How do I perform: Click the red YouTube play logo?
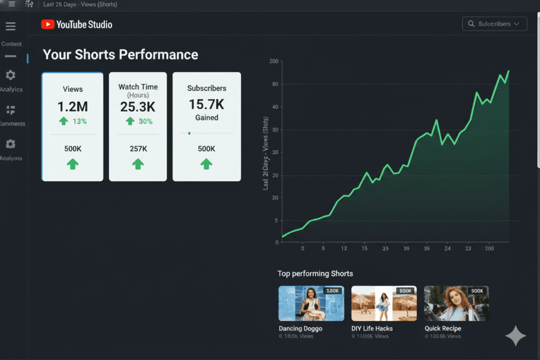(47, 24)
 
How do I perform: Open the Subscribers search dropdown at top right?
(494, 24)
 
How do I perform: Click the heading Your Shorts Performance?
(120, 55)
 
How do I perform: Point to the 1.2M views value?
(72, 106)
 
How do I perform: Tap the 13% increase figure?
(79, 121)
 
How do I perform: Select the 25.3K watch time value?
(138, 107)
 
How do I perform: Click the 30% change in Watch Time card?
(144, 121)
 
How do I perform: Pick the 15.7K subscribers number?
(207, 104)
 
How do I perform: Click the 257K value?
(138, 149)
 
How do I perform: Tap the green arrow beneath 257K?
(138, 164)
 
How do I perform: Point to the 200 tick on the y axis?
(273, 62)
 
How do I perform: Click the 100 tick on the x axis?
(489, 248)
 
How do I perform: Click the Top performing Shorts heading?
(315, 274)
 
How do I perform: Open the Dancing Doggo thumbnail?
(311, 304)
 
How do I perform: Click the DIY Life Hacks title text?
(372, 328)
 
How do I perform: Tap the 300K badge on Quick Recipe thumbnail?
(477, 291)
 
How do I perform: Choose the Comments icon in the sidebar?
(11, 110)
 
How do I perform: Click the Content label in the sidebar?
(12, 44)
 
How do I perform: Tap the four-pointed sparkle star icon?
(515, 336)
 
